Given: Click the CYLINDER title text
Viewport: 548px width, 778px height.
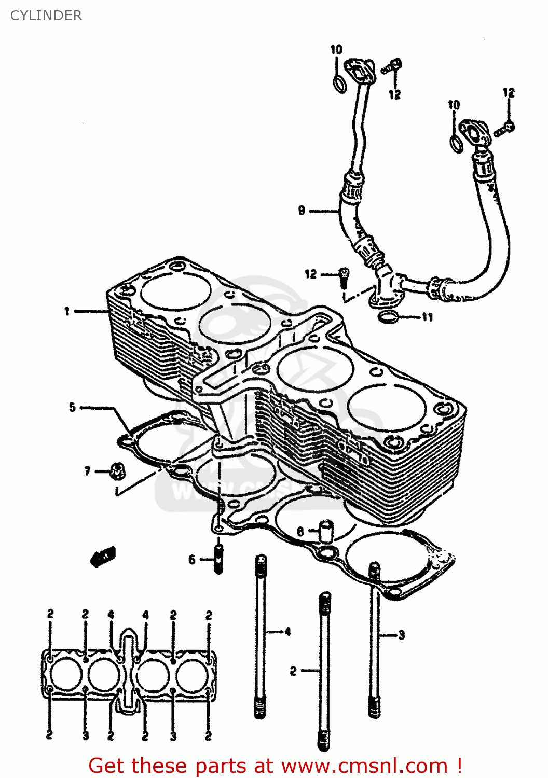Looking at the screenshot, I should click(46, 16).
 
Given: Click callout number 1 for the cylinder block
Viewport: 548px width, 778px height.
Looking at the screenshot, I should click(67, 311).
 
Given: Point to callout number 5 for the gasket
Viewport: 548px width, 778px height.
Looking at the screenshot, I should click(73, 408).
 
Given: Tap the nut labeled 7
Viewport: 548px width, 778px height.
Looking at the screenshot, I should click(116, 471).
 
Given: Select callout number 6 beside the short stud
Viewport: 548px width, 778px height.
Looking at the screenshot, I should click(192, 560).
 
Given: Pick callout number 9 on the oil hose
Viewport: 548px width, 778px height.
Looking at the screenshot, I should click(302, 211).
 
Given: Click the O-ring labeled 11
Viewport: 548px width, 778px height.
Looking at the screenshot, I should click(388, 316).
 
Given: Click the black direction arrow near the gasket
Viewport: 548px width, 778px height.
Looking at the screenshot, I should click(103, 557).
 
